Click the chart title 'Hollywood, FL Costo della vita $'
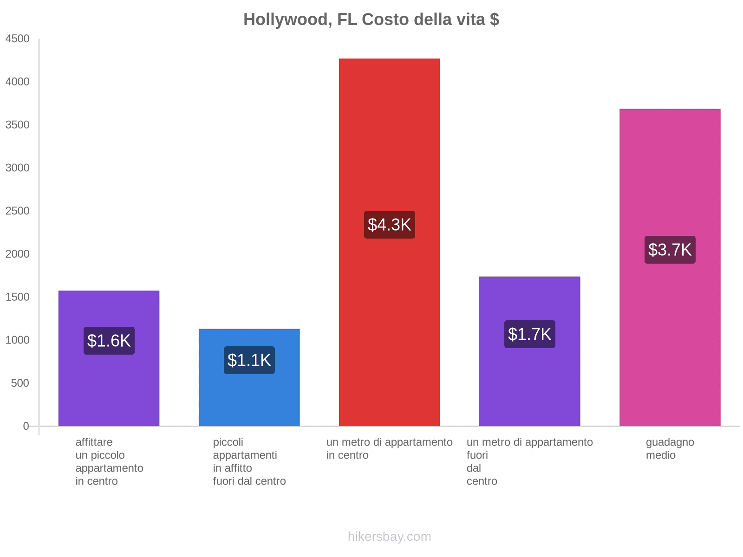pos(371,19)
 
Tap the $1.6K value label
pos(109,341)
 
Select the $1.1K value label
pos(249,360)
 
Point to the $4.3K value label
pos(390,225)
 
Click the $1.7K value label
pos(530,334)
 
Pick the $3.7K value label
pos(670,250)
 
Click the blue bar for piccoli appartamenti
pos(249,399)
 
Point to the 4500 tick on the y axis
pos(18,39)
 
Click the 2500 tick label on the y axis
pos(18,211)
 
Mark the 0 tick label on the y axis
pos(26,426)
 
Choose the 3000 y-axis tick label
pos(18,168)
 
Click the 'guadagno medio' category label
pos(670,448)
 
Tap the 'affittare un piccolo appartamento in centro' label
pos(109,461)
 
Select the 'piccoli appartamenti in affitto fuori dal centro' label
pos(249,461)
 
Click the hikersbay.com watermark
pos(389,537)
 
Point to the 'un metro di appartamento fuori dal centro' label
pos(529,461)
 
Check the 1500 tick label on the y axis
pos(18,297)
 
